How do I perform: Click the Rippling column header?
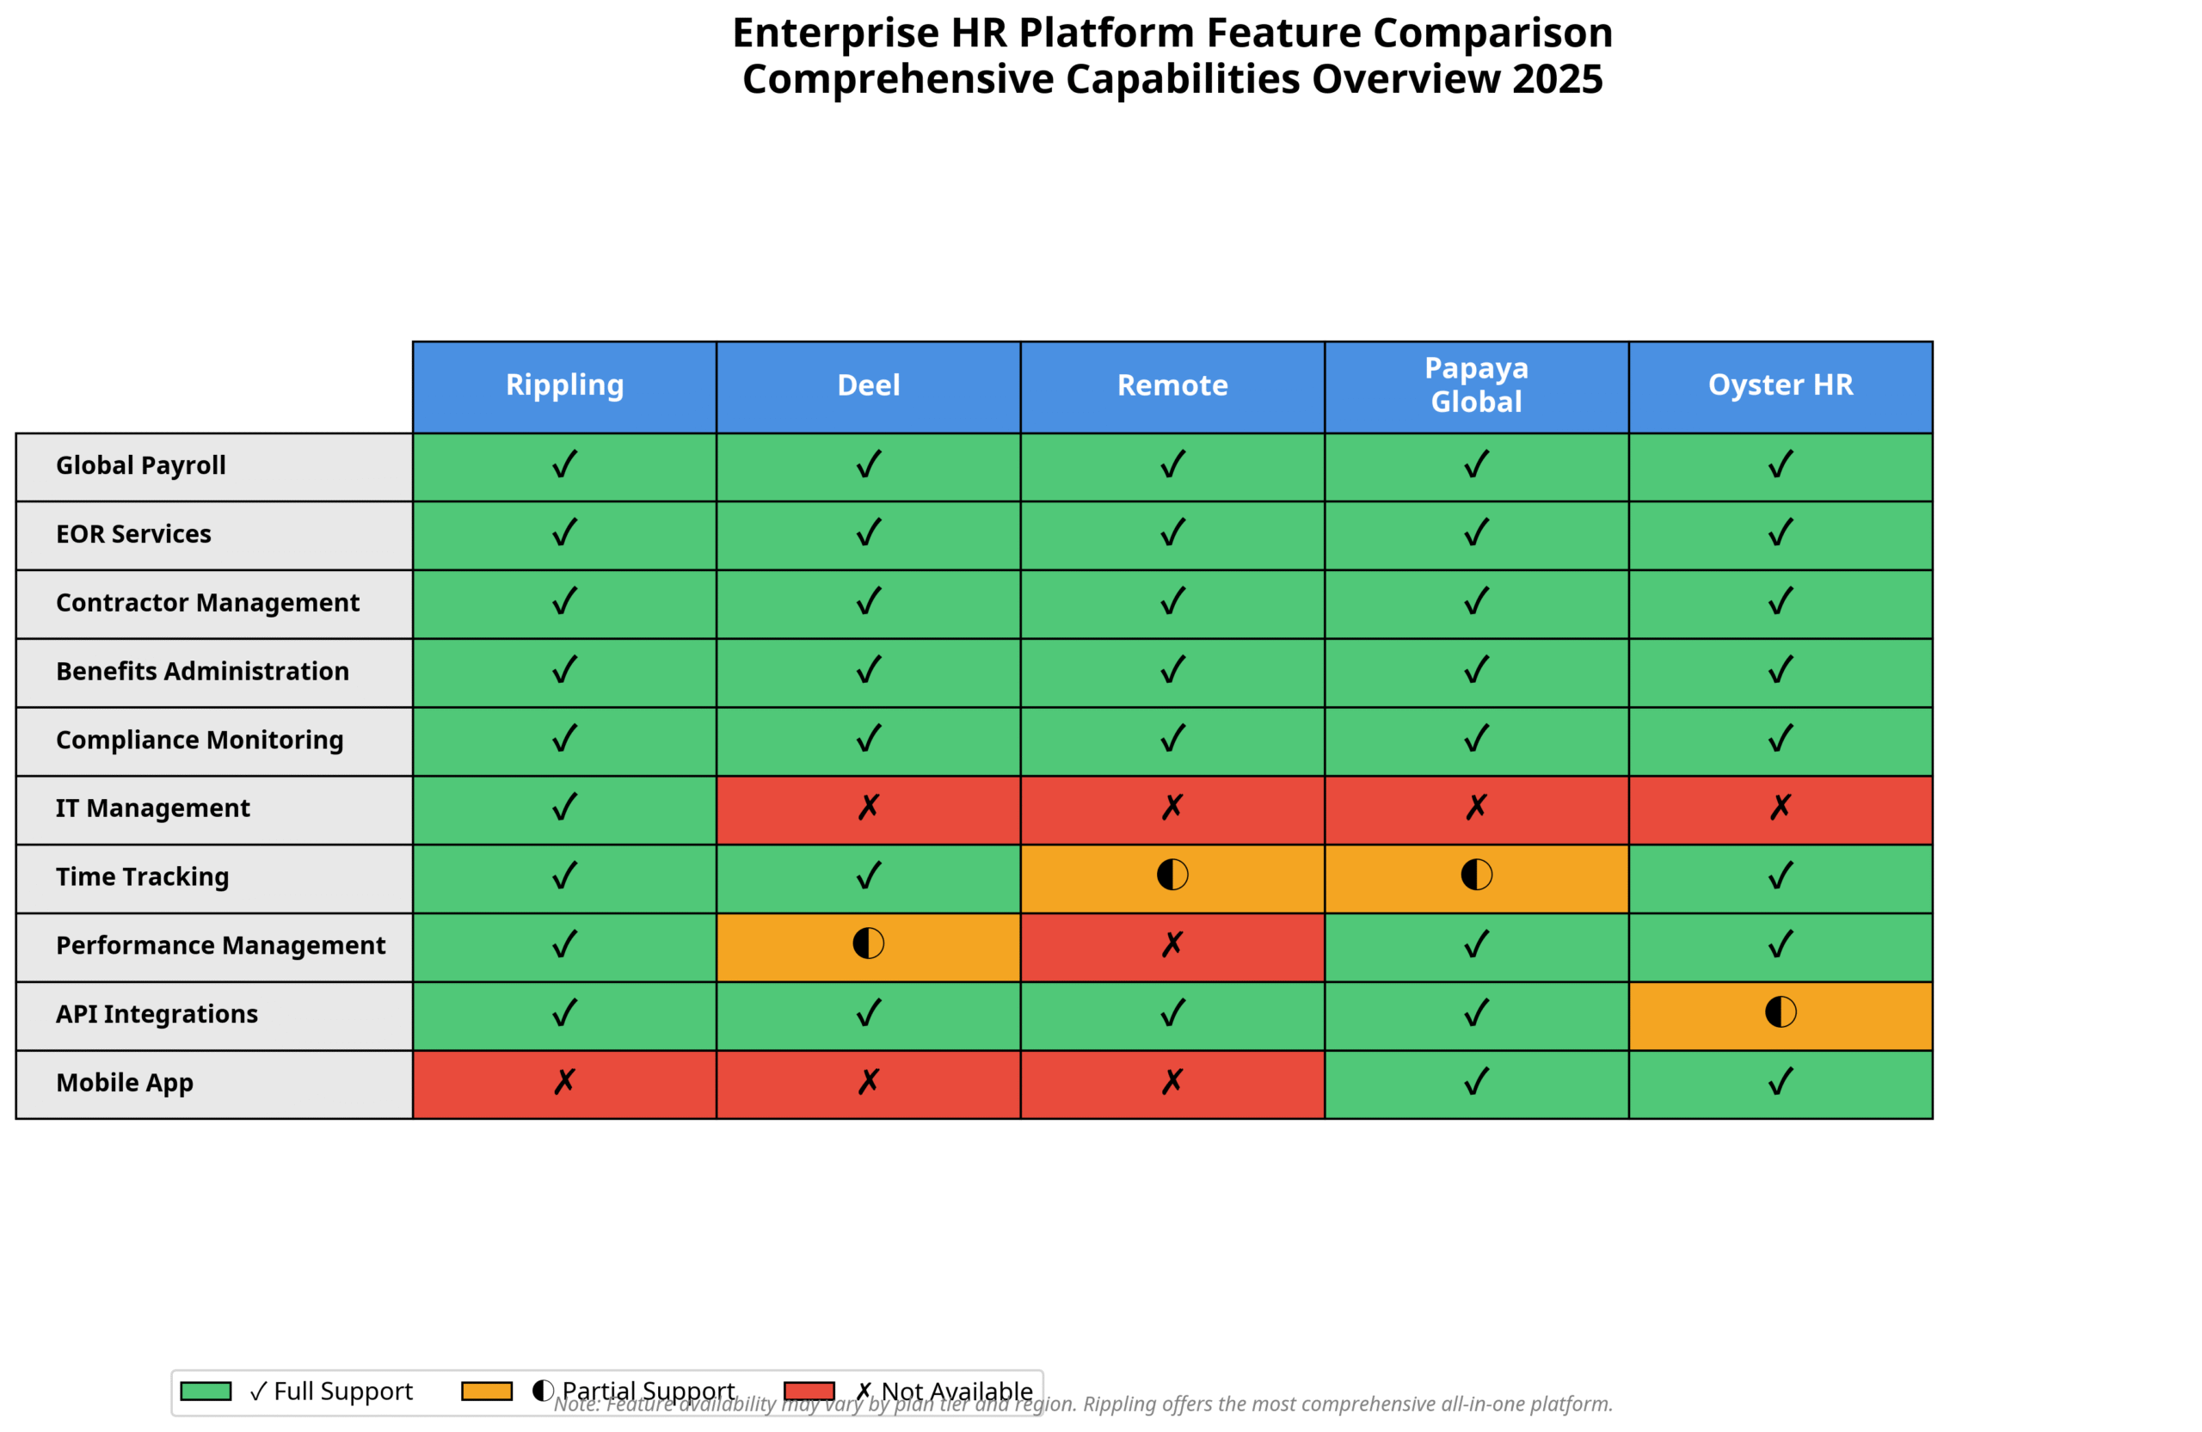pyautogui.click(x=564, y=386)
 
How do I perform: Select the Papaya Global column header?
pyautogui.click(x=1476, y=386)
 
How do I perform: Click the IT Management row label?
pyautogui.click(x=152, y=808)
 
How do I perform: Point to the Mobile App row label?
pyautogui.click(x=125, y=1082)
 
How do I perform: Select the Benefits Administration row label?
pyautogui.click(x=203, y=672)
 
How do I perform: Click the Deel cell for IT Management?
pyautogui.click(x=868, y=809)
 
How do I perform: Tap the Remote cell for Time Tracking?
pyautogui.click(x=1172, y=878)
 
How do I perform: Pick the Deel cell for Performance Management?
pyautogui.click(x=868, y=946)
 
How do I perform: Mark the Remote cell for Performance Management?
pyautogui.click(x=1172, y=946)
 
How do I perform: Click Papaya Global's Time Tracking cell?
pyautogui.click(x=1476, y=878)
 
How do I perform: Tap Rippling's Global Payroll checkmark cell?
pyautogui.click(x=564, y=466)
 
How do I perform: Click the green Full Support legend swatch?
pyautogui.click(x=206, y=1391)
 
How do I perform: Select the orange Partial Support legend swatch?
pyautogui.click(x=487, y=1391)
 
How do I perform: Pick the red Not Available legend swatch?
pyautogui.click(x=809, y=1391)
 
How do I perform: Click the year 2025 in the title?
pyautogui.click(x=1557, y=79)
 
